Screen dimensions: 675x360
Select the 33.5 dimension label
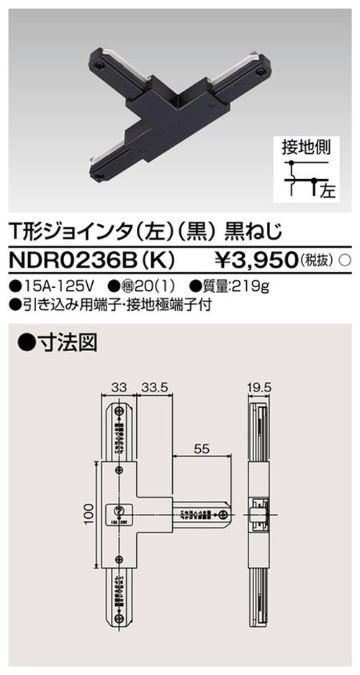tap(154, 387)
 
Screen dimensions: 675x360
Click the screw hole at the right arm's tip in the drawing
tap(225, 514)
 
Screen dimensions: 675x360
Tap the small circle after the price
tap(345, 258)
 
